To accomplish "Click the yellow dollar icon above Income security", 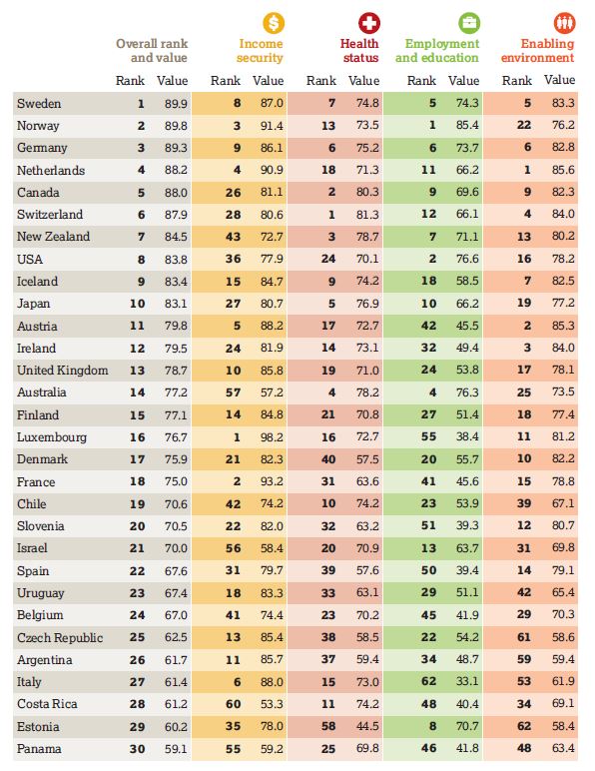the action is tap(274, 23).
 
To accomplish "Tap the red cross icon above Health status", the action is tap(369, 23).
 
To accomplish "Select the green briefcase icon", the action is tap(469, 23).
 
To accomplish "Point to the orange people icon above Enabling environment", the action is tap(564, 23).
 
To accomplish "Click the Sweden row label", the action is tap(39, 104).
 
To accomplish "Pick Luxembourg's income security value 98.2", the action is tap(272, 437).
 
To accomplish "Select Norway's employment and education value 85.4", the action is tap(467, 126).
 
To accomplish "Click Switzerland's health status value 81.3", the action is tap(367, 215).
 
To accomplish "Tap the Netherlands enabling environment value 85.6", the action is tap(563, 170).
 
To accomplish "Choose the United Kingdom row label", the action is tap(63, 371).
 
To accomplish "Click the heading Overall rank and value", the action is tap(152, 51).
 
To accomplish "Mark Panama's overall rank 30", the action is tap(138, 749).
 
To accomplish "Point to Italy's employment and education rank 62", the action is tap(429, 682).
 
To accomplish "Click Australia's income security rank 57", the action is tap(233, 392).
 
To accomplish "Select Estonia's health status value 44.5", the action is tap(367, 726).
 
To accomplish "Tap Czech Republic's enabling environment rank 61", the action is tap(524, 637).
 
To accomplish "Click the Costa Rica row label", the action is tap(47, 704).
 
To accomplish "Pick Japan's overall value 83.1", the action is tap(176, 304).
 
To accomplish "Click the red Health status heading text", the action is tap(359, 51).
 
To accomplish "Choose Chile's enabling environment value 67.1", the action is tap(563, 503).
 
